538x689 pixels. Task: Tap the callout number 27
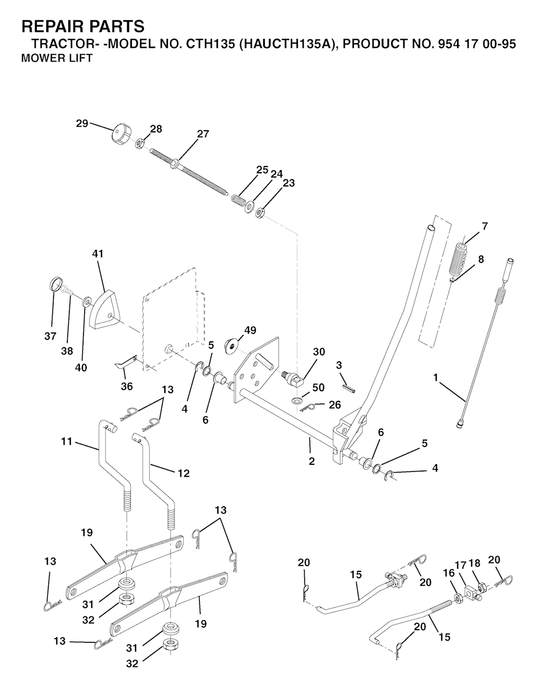point(203,134)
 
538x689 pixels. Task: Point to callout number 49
point(250,330)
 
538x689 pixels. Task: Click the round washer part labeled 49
point(231,344)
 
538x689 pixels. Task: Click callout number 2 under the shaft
point(312,462)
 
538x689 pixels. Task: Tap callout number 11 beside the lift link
point(66,442)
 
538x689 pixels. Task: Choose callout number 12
point(183,473)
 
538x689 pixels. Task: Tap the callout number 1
point(435,377)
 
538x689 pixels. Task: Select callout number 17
point(460,565)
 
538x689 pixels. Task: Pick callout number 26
point(334,405)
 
